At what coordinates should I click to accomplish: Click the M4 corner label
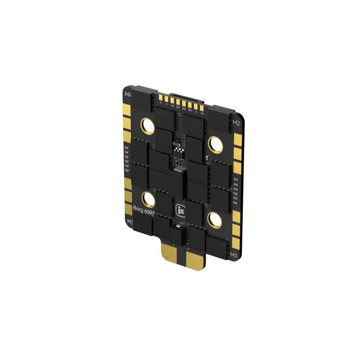click(127, 95)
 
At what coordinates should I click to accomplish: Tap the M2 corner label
click(236, 122)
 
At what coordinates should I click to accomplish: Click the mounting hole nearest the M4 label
click(147, 125)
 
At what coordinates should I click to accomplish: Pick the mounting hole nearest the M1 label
click(214, 219)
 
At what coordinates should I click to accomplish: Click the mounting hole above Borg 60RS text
click(148, 199)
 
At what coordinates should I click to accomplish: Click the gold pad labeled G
click(161, 98)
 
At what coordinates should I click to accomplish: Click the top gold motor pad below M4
click(126, 109)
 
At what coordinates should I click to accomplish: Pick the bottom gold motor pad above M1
click(236, 244)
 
